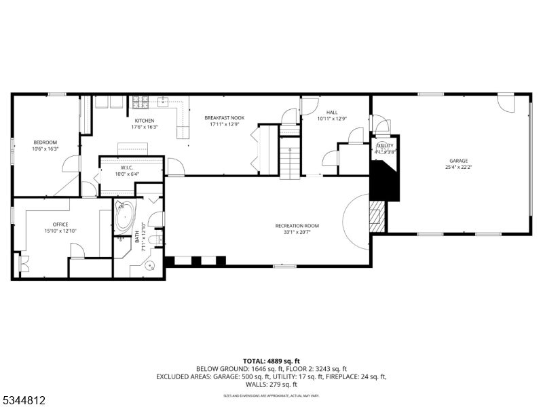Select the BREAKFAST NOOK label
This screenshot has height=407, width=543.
click(224, 117)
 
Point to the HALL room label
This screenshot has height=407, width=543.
click(331, 113)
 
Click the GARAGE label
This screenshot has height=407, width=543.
click(457, 161)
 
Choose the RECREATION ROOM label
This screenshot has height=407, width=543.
click(297, 226)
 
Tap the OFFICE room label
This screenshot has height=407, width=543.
click(60, 225)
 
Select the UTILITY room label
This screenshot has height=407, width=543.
click(385, 146)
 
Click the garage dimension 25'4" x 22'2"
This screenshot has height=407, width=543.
click(457, 167)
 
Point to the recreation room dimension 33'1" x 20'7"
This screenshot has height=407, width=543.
click(297, 232)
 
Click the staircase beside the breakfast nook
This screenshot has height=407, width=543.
click(290, 157)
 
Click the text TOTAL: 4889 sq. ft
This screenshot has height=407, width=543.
click(271, 361)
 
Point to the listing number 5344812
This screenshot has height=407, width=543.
click(24, 400)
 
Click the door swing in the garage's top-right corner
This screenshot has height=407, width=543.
click(506, 103)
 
